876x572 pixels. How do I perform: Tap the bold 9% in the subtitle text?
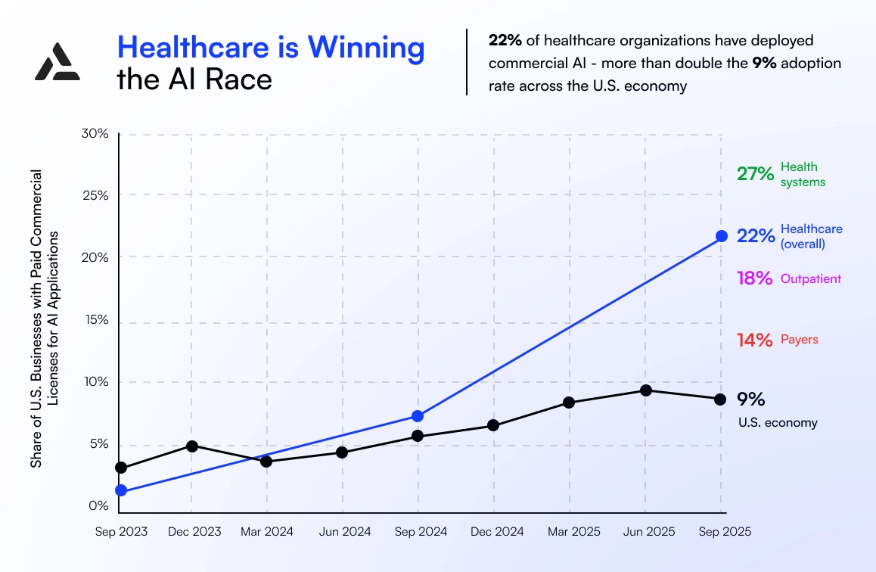[x=763, y=63]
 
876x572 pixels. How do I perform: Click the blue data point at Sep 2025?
[x=721, y=236]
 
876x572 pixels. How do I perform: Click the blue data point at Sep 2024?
[x=418, y=416]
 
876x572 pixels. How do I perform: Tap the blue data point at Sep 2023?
[x=121, y=491]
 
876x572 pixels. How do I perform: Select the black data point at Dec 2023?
[x=192, y=446]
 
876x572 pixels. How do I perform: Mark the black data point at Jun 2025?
[x=646, y=390]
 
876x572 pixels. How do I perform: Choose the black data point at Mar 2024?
[x=266, y=461]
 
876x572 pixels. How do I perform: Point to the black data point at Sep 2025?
[x=720, y=399]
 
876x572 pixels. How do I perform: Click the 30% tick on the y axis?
[x=95, y=134]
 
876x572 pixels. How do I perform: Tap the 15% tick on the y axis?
[x=95, y=320]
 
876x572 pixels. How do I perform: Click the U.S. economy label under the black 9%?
[x=778, y=423]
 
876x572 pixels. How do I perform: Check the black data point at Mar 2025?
[x=569, y=403]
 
